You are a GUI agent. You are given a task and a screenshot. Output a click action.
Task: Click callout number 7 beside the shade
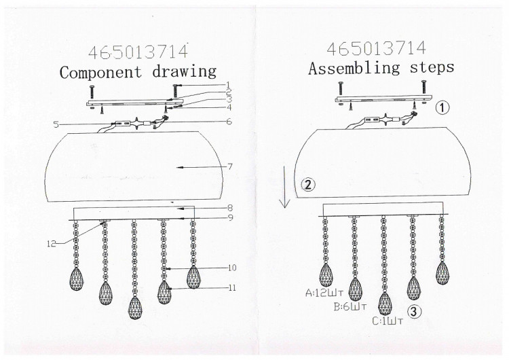[x=230, y=166]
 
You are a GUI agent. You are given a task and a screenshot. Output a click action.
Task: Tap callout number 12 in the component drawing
[x=52, y=243]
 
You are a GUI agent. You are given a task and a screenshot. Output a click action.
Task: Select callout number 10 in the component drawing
[x=232, y=268]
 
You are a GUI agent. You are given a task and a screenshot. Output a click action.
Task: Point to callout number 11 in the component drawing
[x=232, y=287]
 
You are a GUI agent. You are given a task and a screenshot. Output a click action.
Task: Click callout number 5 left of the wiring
[x=56, y=124]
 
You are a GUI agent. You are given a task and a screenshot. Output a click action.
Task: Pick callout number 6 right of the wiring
[x=229, y=122]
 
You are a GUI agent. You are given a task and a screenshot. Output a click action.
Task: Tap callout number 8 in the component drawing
[x=230, y=208]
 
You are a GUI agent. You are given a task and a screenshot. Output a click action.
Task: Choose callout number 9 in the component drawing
[x=230, y=217]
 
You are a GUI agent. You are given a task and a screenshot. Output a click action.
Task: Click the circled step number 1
[x=442, y=108]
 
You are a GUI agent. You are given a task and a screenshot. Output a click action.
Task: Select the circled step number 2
[x=308, y=184]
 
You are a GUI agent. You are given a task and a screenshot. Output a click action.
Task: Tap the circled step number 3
[x=414, y=312]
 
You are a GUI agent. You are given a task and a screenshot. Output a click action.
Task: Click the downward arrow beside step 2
[x=285, y=187]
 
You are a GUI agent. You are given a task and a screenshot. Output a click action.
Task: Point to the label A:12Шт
[x=324, y=293]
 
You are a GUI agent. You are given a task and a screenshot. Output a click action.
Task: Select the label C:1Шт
[x=388, y=321]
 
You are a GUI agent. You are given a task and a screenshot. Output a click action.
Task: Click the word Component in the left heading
[x=101, y=72]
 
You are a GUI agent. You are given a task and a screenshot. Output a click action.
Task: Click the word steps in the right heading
[x=432, y=67]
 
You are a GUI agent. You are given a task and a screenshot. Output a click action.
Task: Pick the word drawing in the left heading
[x=185, y=71]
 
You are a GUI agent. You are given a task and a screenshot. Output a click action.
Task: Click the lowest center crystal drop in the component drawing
[x=135, y=308]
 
